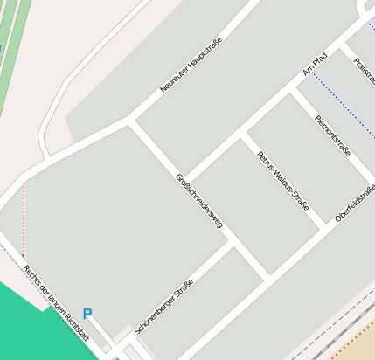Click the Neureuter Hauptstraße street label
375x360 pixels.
(191, 65)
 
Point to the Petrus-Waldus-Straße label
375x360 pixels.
(282, 182)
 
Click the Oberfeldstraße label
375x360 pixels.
(355, 203)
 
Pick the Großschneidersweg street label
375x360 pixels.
(199, 201)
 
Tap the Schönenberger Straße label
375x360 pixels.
(164, 308)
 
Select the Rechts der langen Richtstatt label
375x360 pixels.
(56, 302)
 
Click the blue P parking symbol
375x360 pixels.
(87, 314)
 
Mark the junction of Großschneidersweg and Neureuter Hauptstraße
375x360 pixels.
(131, 121)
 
